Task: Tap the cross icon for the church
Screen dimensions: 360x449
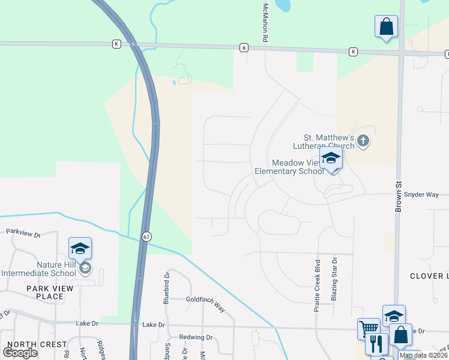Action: (x=363, y=142)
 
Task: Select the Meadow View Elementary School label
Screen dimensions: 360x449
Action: (x=298, y=167)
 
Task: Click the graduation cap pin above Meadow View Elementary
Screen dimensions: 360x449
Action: (x=331, y=160)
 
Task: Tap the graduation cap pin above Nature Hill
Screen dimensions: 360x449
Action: (x=80, y=248)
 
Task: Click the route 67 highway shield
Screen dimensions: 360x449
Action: (x=146, y=237)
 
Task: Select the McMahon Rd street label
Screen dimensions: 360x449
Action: (x=265, y=22)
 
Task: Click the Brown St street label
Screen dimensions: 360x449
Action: (x=398, y=196)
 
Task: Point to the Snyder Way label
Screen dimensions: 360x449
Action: (x=421, y=194)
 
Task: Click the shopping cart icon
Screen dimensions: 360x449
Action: (x=369, y=329)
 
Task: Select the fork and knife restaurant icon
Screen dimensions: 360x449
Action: (x=376, y=344)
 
